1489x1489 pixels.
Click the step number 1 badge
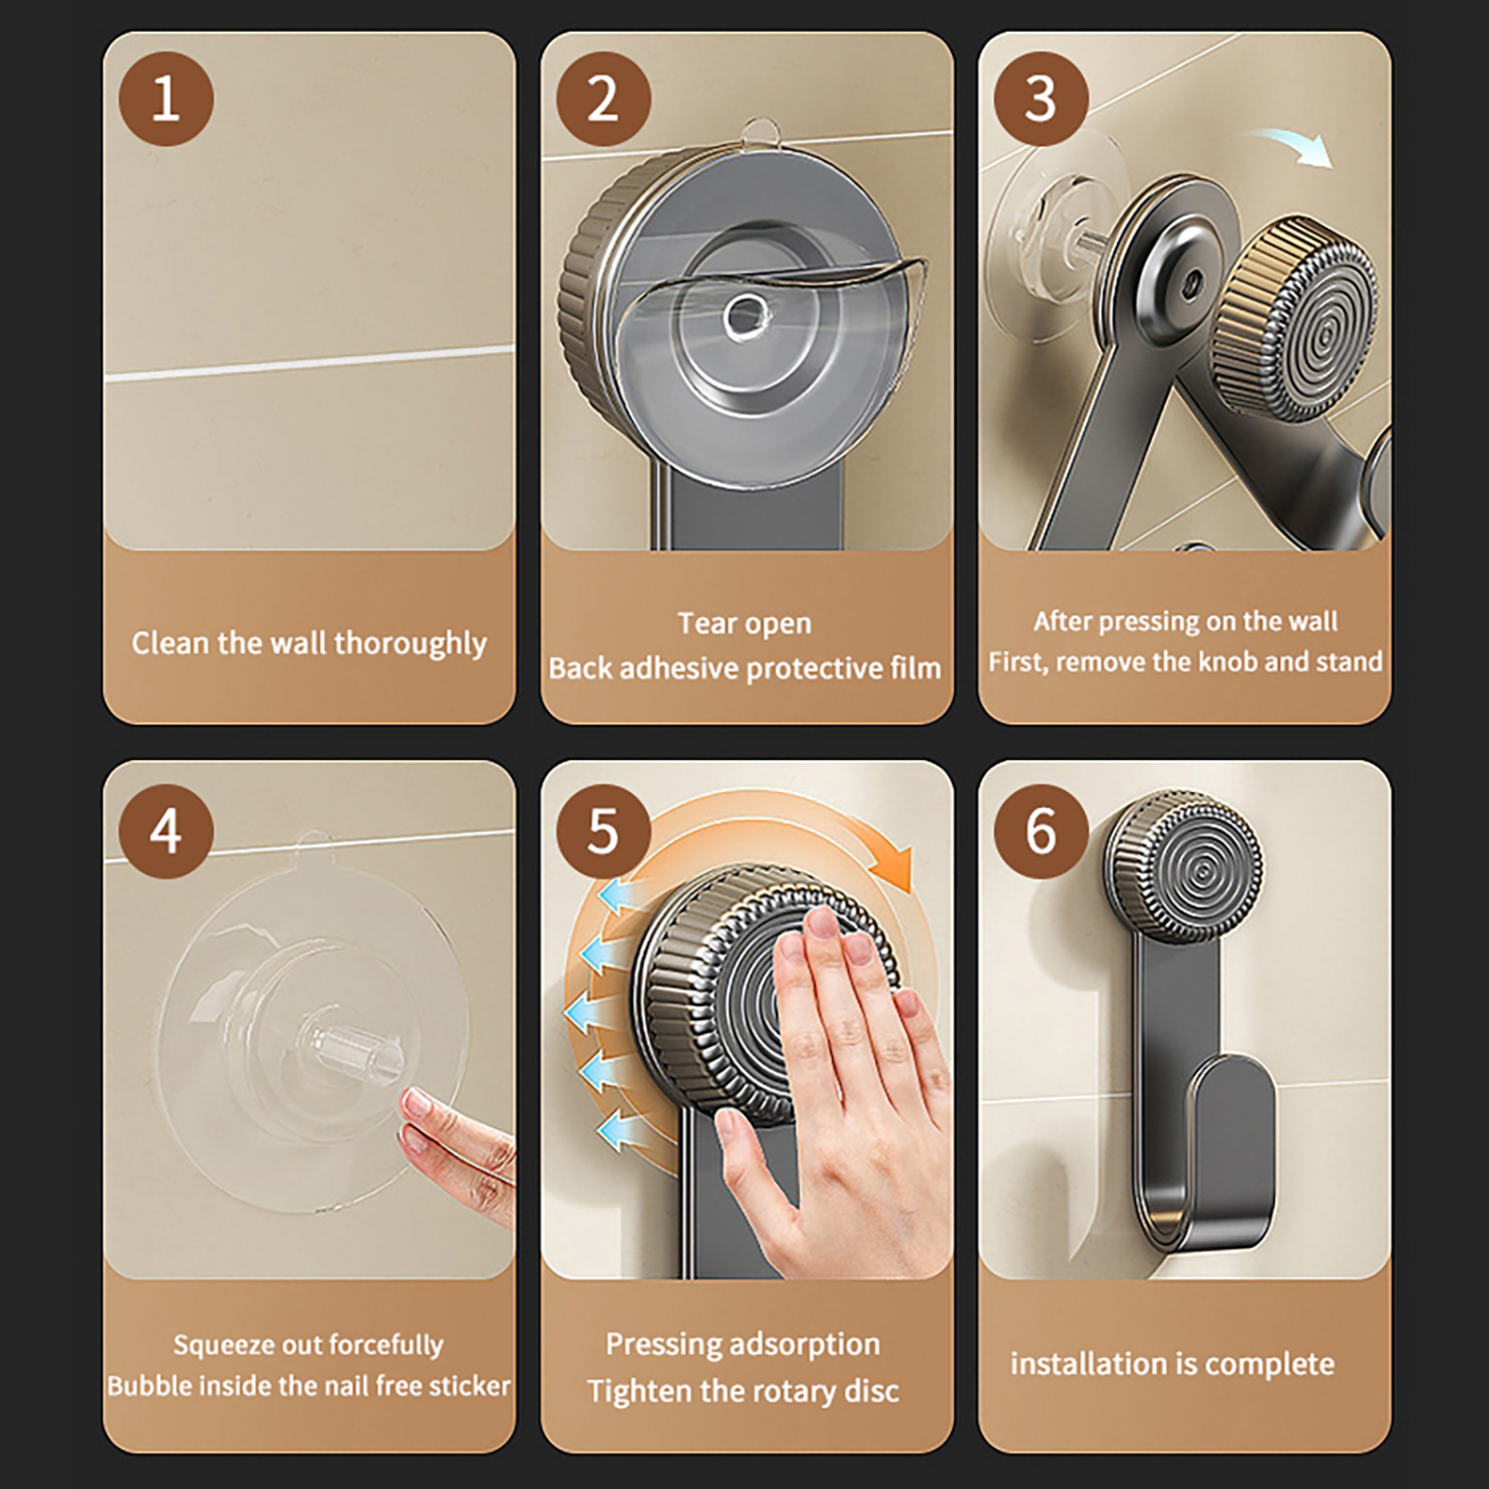pyautogui.click(x=166, y=99)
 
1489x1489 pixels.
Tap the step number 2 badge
pyautogui.click(x=603, y=99)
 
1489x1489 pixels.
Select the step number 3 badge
pyautogui.click(x=1040, y=99)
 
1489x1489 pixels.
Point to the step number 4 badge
pyautogui.click(x=166, y=831)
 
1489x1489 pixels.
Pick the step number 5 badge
pyautogui.click(x=603, y=831)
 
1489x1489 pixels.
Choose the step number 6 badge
pyautogui.click(x=1040, y=831)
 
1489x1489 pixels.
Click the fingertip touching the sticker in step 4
pyautogui.click(x=415, y=1106)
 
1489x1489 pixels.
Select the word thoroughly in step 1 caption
pyautogui.click(x=410, y=644)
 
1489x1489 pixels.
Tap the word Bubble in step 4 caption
pyautogui.click(x=154, y=1386)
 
